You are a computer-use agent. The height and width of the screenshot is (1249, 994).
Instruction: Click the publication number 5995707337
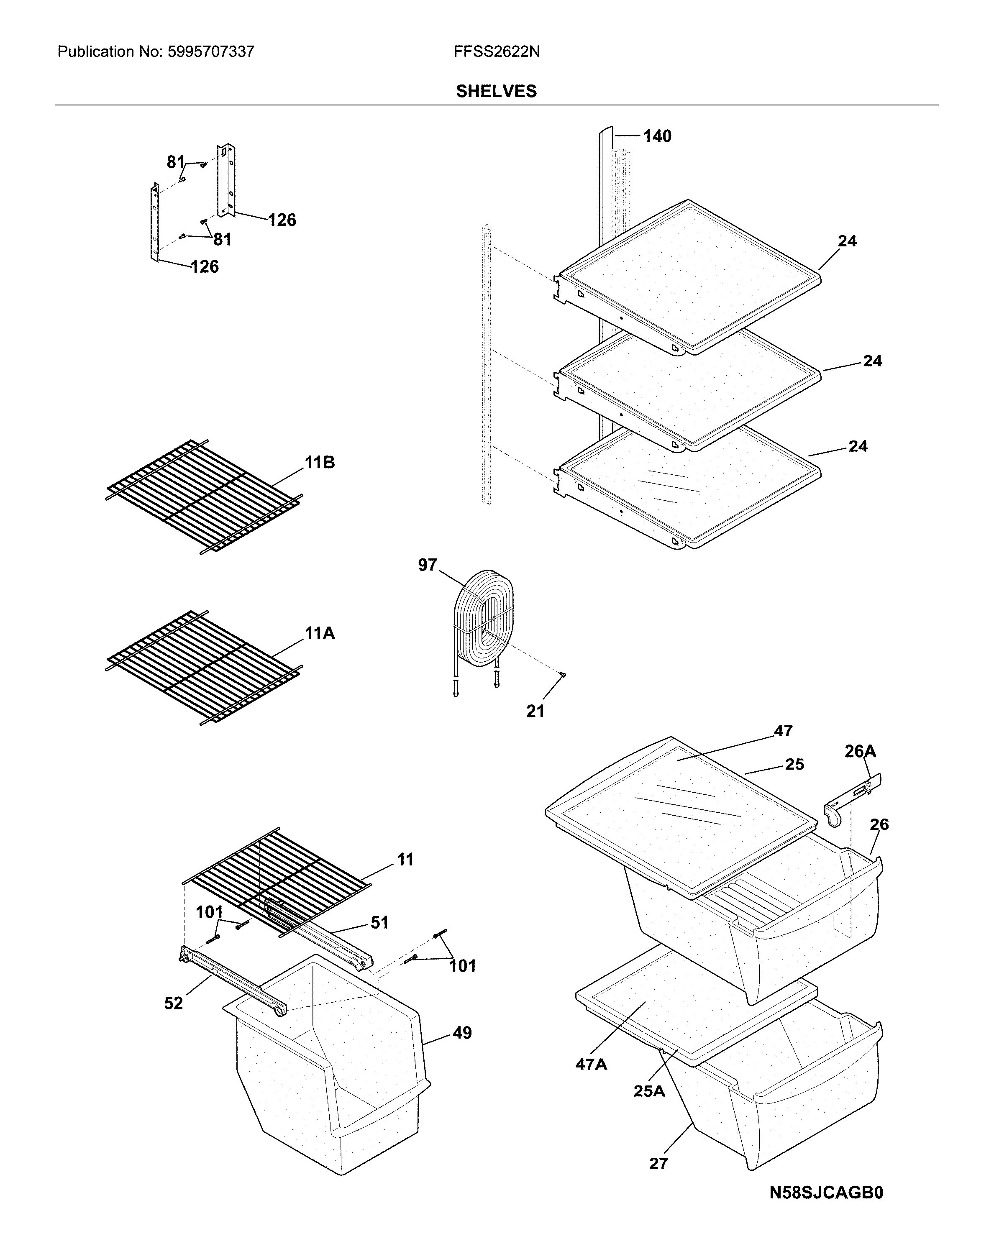210,52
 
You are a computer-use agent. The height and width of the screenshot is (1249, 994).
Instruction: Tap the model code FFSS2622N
497,52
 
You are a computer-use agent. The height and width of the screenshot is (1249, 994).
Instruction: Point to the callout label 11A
320,633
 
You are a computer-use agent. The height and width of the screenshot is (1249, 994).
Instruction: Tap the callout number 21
535,711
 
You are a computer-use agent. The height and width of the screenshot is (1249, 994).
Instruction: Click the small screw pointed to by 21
561,674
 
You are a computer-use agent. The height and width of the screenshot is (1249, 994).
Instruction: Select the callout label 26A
860,751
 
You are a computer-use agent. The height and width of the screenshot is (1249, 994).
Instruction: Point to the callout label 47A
591,1064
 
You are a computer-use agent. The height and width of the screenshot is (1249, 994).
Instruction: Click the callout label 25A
649,1091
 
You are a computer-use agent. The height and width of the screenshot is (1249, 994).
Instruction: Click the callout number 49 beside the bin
462,1032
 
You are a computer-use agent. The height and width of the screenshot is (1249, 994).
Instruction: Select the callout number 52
173,1003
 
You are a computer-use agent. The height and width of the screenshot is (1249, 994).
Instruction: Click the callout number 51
379,922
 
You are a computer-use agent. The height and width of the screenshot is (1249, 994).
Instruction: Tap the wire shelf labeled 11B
203,495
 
